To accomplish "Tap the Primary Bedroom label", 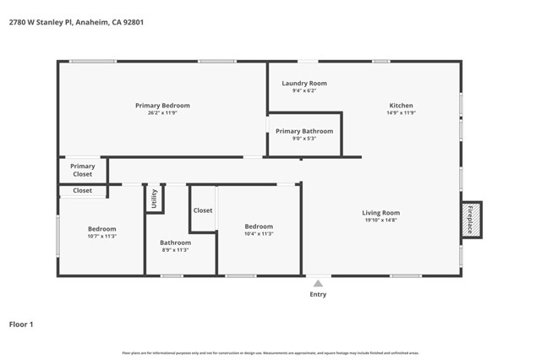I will pos(162,106).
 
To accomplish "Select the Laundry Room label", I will pos(303,84).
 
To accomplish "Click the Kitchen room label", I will pos(401,106).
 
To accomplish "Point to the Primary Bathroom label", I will pos(304,131).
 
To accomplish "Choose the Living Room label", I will pos(380,213).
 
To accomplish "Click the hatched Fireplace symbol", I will pos(471,219).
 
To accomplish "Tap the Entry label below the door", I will pos(318,294).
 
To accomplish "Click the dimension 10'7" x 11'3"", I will pos(101,237).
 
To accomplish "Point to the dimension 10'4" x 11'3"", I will pos(259,234).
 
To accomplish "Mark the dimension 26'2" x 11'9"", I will pos(162,113).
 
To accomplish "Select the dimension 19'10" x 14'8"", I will pos(380,221).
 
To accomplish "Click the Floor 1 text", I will pos(21,323).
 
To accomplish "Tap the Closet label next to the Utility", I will pos(203,210).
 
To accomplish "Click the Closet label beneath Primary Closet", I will pos(82,191).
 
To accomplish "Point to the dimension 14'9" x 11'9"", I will pos(401,113).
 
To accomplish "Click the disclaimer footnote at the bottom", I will pos(270,353).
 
